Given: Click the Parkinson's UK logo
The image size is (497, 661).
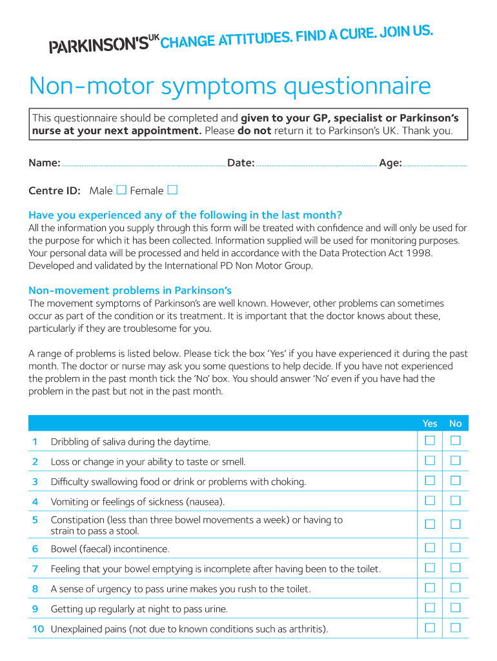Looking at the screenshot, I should point(103,45).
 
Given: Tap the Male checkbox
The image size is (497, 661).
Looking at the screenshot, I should point(121,190).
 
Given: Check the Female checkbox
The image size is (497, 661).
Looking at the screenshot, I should point(172,190).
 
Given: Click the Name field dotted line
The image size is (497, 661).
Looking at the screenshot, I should point(143,165).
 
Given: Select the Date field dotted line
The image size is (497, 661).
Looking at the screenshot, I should point(316,165).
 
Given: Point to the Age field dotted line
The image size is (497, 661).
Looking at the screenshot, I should point(434,165).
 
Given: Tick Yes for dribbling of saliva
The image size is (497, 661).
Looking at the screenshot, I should point(430,441).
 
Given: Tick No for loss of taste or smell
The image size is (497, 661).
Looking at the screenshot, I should point(456,461).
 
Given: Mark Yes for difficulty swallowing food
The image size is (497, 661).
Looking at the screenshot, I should point(430,481).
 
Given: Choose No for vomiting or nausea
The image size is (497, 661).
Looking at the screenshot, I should point(456,501).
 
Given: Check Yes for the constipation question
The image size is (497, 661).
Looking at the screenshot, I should point(430,524).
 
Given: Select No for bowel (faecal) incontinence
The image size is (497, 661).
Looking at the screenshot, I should point(456,548).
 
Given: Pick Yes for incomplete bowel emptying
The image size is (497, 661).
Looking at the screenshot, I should point(430,568).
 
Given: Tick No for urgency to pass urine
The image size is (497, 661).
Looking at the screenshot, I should point(456,588).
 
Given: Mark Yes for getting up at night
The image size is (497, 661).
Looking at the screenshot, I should point(430,608).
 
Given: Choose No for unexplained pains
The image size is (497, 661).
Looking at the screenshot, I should point(456,628).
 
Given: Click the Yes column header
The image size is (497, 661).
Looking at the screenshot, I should point(430,423).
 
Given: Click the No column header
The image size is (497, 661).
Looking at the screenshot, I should point(456,423).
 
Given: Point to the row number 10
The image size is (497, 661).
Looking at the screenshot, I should point(37,629).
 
